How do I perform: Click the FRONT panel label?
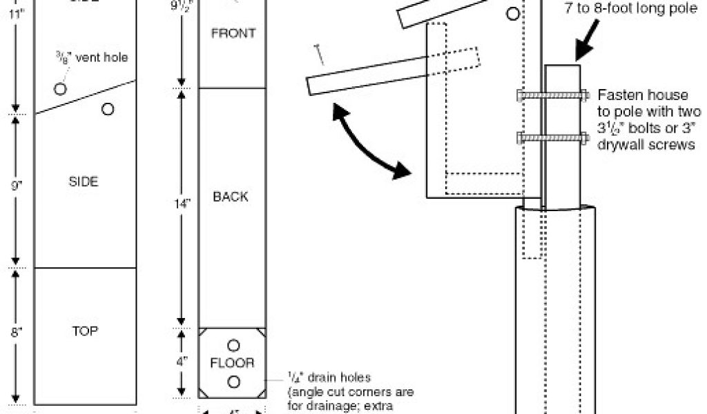[x=233, y=33]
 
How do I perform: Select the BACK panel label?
[x=231, y=197]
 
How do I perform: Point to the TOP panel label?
[x=86, y=331]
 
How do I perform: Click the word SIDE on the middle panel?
[x=84, y=181]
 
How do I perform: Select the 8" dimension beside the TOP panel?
[x=17, y=331]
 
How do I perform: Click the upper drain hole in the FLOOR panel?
[x=233, y=344]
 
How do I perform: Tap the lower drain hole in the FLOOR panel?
[x=233, y=382]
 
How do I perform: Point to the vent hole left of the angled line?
[x=61, y=89]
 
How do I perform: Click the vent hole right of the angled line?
[x=108, y=109]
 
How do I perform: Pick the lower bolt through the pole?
[x=552, y=139]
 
